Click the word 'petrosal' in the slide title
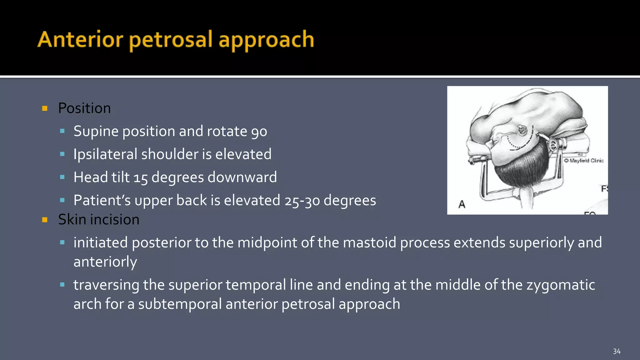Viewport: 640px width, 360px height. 171,40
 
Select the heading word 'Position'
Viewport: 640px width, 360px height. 84,108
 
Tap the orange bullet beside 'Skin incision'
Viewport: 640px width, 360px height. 45,220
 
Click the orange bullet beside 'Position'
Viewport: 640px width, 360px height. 45,108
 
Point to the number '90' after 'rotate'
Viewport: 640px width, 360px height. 259,132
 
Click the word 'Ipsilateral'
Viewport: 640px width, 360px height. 105,154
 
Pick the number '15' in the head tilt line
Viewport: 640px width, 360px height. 140,178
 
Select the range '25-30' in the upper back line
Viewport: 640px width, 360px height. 302,201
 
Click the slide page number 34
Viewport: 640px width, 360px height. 617,352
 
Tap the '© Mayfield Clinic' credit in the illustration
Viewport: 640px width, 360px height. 584,161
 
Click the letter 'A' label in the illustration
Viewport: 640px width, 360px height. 462,204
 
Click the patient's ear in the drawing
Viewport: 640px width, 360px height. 522,130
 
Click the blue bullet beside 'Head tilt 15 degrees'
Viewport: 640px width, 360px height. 62,177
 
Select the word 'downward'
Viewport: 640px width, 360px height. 242,177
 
